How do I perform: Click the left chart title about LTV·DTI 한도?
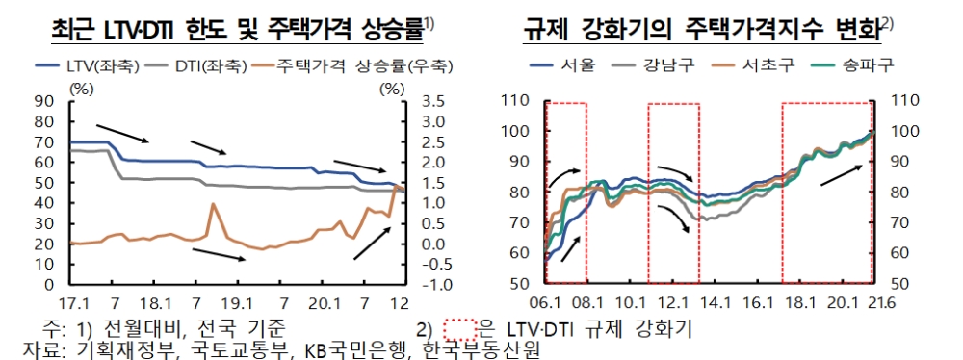[237, 31]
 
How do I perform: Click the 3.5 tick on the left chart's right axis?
[435, 101]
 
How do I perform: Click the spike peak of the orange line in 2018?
[212, 204]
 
